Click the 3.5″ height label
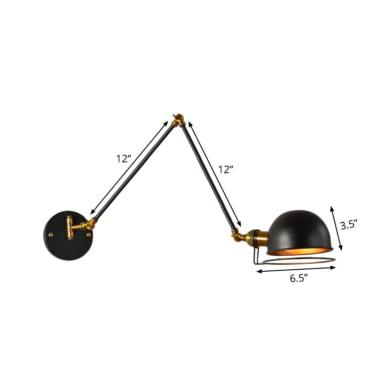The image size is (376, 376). pyautogui.click(x=349, y=225)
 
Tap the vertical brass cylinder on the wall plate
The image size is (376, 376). pyautogui.click(x=69, y=227)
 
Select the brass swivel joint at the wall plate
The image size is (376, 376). pyautogui.click(x=88, y=226)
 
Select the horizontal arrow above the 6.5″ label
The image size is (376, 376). pyautogui.click(x=296, y=269)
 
